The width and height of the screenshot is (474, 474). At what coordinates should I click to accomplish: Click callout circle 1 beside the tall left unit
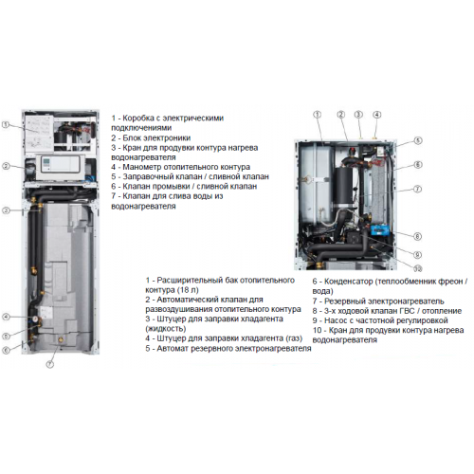[6, 125]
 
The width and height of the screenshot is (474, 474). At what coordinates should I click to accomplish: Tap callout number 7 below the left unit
[50, 364]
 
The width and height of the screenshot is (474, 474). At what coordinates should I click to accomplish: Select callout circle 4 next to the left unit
[6, 317]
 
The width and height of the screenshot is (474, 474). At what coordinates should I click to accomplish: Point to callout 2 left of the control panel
[6, 166]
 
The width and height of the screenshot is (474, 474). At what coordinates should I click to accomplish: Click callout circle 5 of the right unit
[418, 140]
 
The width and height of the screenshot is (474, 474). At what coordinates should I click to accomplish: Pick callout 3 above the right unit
[358, 115]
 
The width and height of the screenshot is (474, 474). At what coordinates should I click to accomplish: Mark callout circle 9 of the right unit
[417, 255]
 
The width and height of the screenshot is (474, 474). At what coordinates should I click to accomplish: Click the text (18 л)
[189, 290]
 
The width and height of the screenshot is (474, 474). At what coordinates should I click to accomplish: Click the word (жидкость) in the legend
[166, 329]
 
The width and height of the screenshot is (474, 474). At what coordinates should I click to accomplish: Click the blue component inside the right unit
[380, 229]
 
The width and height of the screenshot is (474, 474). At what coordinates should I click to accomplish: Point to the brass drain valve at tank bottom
[61, 340]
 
